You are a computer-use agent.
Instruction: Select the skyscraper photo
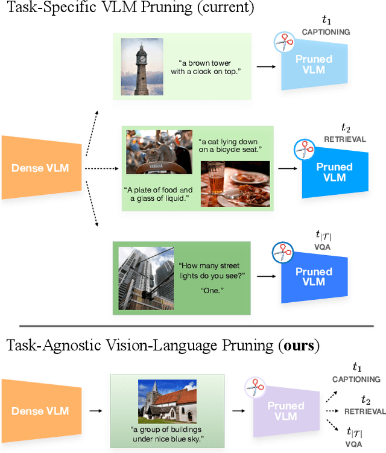pyautogui.click(x=144, y=277)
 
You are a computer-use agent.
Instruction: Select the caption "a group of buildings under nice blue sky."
pyautogui.click(x=166, y=434)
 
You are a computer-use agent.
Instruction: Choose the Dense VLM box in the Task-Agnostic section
pyautogui.click(x=39, y=411)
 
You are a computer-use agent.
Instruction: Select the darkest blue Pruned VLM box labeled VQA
pyautogui.click(x=314, y=277)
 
